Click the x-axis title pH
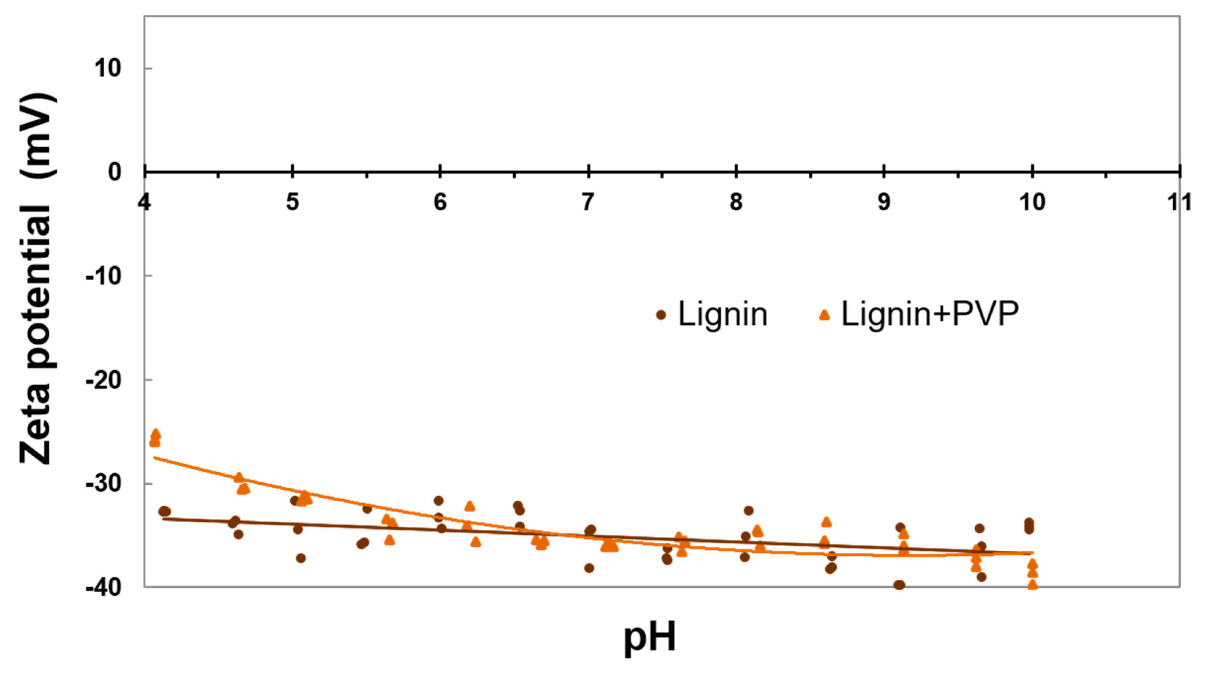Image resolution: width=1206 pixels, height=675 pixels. pos(650,638)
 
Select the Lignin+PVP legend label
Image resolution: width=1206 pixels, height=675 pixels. pos(930,314)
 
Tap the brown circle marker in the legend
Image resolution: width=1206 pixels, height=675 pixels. pos(661,315)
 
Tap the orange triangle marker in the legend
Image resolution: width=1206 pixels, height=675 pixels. pos(824,315)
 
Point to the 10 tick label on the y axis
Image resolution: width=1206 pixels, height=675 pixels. pos(107,69)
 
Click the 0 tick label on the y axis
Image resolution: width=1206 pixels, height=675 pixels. pos(115,172)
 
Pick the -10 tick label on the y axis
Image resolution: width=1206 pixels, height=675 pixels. pos(103,276)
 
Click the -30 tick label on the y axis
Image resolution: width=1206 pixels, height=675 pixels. pos(103,483)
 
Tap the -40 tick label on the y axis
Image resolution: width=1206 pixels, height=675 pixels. pos(103,587)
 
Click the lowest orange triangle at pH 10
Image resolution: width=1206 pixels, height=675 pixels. pos(1032,585)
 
